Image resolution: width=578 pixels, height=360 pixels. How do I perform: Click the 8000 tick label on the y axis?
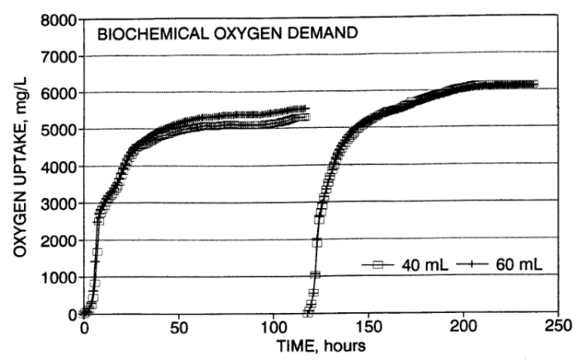57,19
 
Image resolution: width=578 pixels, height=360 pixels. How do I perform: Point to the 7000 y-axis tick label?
57,56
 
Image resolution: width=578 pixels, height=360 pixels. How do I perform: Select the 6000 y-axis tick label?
57,92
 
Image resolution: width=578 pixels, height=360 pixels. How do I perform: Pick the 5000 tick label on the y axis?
57,130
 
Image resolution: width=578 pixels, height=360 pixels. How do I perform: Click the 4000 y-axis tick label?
57,166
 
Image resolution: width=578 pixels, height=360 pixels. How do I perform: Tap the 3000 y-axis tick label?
57,203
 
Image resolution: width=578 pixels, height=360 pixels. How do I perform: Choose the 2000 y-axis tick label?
57,239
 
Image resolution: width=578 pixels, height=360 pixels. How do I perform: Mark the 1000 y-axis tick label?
57,277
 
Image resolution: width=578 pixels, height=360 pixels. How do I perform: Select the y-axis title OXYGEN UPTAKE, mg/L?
17,166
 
